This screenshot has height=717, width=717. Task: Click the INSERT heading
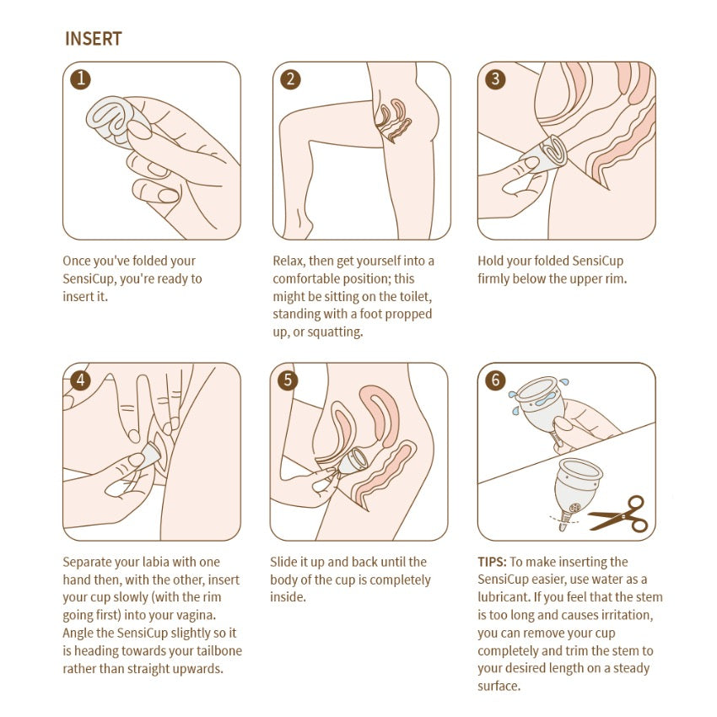click(94, 39)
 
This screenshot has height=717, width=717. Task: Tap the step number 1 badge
click(80, 79)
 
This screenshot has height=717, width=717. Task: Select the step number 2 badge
click(290, 79)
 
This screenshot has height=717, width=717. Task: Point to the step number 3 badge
click(495, 79)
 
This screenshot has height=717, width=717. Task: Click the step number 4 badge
click(80, 380)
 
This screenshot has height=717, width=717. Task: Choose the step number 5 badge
click(288, 380)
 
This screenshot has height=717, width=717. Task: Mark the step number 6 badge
click(495, 380)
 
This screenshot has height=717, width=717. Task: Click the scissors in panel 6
click(618, 514)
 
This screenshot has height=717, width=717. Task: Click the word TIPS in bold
click(492, 562)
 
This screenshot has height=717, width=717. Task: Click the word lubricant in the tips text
click(503, 597)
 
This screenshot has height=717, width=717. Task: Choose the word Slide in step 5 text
click(283, 562)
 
